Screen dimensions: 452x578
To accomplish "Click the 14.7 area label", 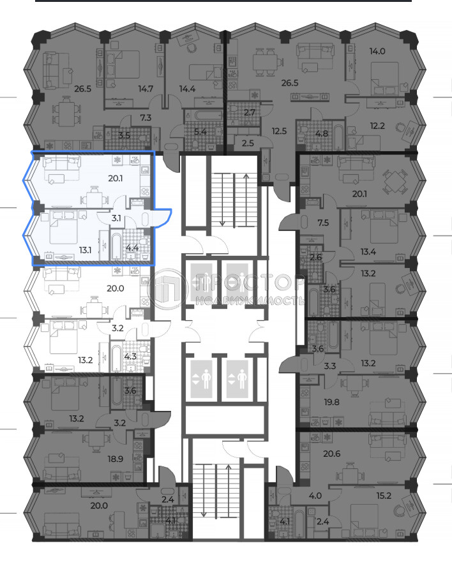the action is point(146,89).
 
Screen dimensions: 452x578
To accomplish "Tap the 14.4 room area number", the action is point(187,89).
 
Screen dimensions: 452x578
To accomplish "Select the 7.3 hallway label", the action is point(146,118).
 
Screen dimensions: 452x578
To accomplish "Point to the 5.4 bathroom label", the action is point(200,131).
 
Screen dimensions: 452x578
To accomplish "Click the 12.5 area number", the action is point(279,131).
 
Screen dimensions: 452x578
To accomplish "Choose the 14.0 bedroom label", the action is point(377,51).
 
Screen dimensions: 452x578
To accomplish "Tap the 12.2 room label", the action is point(377,126).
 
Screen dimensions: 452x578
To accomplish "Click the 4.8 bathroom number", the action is point(322,133).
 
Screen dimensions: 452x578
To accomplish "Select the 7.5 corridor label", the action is point(323,223).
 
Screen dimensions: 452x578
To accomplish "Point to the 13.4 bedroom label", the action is point(368,252).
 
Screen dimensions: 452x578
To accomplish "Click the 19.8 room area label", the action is point(332,402).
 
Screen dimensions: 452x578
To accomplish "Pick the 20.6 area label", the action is point(332,454).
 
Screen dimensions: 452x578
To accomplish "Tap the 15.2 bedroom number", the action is point(384,496).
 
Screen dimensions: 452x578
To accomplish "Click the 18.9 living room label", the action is point(116,459).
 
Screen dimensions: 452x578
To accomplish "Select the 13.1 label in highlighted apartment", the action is point(86,250).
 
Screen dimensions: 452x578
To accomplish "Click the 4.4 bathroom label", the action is point(132,248).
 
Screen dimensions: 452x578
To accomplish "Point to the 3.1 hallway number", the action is point(116,218).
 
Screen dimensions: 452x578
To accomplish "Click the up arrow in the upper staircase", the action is point(246,200).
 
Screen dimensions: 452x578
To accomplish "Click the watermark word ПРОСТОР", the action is point(246,283).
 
